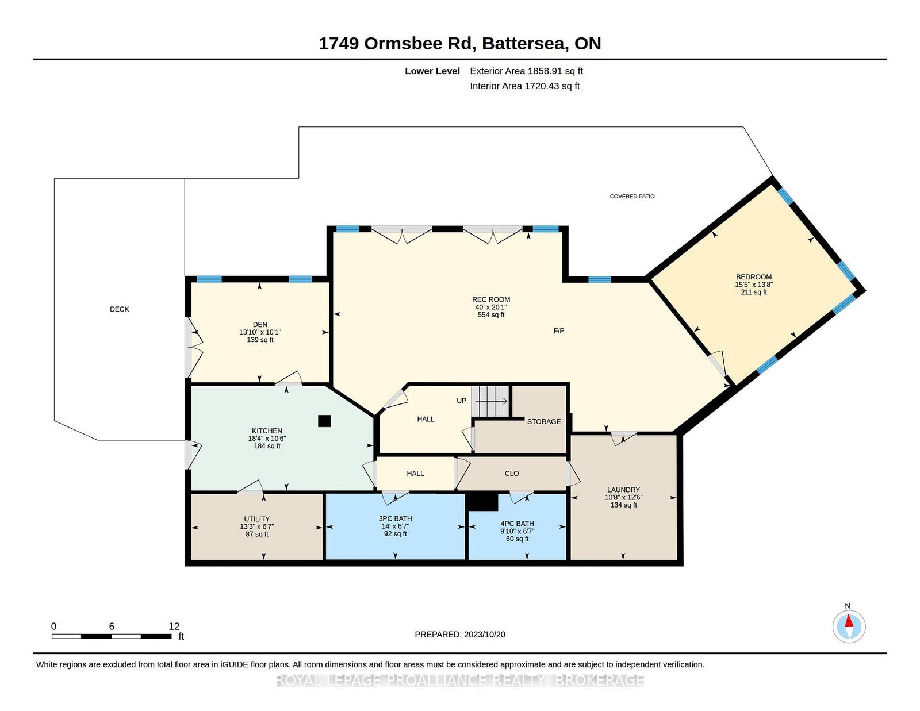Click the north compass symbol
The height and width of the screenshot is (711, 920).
click(x=849, y=627)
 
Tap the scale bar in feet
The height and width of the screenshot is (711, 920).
click(x=112, y=636)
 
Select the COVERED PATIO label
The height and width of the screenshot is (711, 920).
click(x=632, y=197)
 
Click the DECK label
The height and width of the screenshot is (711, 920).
click(x=120, y=309)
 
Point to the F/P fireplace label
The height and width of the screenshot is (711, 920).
click(x=559, y=331)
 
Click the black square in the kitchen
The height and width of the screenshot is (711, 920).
click(x=324, y=421)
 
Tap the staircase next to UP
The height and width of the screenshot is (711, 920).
click(x=490, y=401)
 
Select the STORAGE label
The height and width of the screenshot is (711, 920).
click(x=544, y=421)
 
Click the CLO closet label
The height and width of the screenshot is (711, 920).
click(x=512, y=474)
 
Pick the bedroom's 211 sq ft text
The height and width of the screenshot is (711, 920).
click(x=754, y=292)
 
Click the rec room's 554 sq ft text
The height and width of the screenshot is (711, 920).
click(x=491, y=314)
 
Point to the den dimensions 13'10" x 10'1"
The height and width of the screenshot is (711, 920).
click(x=260, y=332)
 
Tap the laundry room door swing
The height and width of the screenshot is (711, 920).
click(x=624, y=438)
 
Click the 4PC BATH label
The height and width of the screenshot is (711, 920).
click(x=517, y=524)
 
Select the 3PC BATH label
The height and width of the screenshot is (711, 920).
click(x=395, y=518)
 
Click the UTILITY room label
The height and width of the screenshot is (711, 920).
click(x=257, y=519)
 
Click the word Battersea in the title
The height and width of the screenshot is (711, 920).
click(x=525, y=44)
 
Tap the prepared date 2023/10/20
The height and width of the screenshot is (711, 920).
click(x=485, y=635)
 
